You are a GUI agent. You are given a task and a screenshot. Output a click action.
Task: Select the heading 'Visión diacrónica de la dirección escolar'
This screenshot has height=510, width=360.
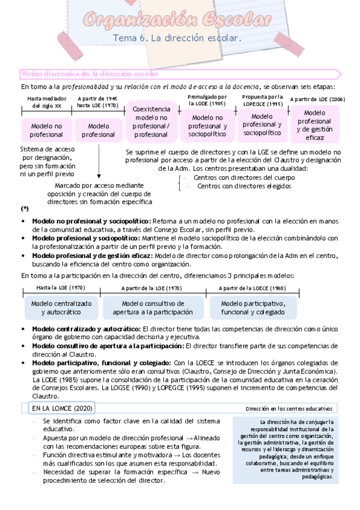click(90, 74)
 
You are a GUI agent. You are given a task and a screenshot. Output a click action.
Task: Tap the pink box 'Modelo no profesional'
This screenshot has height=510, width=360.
click(46, 131)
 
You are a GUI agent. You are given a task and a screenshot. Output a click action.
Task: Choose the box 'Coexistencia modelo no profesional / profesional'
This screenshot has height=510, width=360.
click(151, 122)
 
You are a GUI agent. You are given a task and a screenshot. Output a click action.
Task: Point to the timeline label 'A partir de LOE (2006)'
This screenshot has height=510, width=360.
click(317, 100)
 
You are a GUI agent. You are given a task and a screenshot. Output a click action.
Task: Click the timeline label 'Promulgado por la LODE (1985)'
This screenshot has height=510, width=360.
click(207, 100)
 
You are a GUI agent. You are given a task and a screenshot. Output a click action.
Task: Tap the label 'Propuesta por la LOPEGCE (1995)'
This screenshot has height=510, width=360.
click(263, 100)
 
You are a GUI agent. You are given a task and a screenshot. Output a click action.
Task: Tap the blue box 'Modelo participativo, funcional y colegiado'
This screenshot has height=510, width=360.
click(252, 308)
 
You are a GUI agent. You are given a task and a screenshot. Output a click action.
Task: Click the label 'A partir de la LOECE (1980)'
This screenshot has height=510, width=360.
click(252, 289)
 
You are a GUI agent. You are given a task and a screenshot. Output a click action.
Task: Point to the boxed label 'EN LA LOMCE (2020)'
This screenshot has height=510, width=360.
click(61, 408)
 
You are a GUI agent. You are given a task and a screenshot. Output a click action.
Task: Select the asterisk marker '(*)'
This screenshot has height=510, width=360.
click(25, 209)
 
